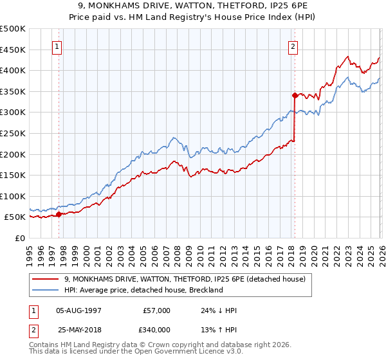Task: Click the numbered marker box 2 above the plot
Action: [x=293, y=46]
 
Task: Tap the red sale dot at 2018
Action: [x=294, y=95]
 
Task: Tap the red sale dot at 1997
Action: [x=59, y=214]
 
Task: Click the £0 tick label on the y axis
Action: [x=21, y=238]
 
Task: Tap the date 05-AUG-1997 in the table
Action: [x=78, y=310]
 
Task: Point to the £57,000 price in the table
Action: [x=156, y=310]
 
